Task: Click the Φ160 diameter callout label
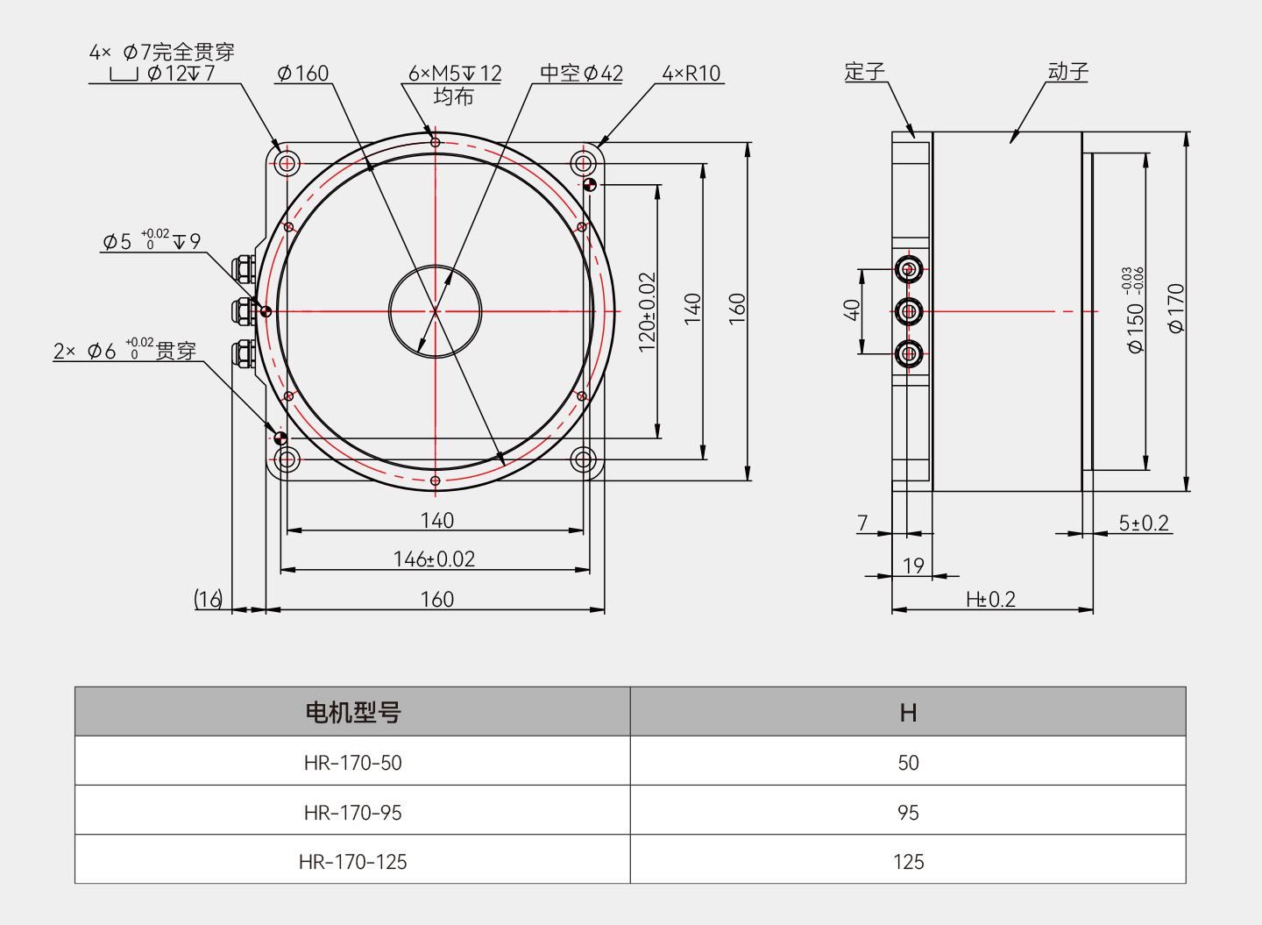pos(302,74)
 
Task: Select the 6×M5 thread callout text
pos(455,74)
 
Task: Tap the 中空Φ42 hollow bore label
pos(581,74)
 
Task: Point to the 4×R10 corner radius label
pos(691,74)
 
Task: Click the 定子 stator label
pos(864,72)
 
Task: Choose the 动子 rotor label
pos(1067,72)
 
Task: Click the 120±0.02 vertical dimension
pos(647,312)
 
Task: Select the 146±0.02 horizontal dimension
pos(434,559)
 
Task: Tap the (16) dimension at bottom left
pos(209,599)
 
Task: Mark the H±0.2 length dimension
pos(990,600)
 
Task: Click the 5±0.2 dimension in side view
pos(1144,523)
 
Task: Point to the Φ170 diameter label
pos(1176,308)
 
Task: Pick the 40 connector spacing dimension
pos(852,310)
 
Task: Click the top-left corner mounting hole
pos(287,163)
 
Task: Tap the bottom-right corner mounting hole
pos(583,459)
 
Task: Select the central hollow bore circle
pos(436,311)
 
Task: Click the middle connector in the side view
pos(909,311)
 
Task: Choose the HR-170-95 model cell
pos(352,813)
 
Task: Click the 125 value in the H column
pos(908,862)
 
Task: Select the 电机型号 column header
pos(352,712)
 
